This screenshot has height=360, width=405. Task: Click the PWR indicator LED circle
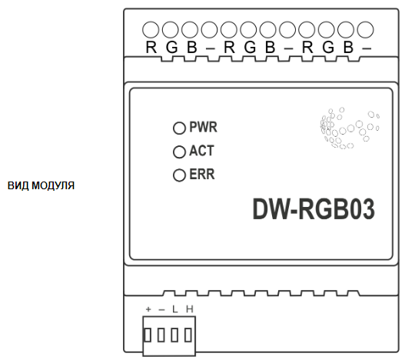click(x=179, y=128)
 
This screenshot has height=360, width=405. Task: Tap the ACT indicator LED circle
click(x=179, y=152)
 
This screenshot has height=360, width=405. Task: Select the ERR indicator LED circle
click(x=179, y=175)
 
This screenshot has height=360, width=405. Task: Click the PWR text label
click(x=204, y=127)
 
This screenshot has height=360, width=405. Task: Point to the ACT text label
click(x=201, y=151)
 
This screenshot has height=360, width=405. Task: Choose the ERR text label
click(x=202, y=175)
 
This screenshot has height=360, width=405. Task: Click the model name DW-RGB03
click(x=314, y=209)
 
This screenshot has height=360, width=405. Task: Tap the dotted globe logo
click(x=350, y=128)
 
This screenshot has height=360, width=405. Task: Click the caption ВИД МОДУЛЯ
click(x=41, y=185)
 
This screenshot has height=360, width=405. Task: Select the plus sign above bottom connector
click(x=148, y=309)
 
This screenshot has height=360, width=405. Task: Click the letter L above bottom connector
click(x=175, y=309)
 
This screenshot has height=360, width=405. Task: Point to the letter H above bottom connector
click(x=190, y=309)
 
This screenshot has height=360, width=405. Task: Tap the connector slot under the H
click(x=188, y=335)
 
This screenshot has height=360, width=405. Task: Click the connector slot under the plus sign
click(x=148, y=335)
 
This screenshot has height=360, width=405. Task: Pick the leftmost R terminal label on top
click(x=151, y=48)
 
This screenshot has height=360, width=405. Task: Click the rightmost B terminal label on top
click(x=348, y=48)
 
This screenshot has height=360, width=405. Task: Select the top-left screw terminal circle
click(x=151, y=30)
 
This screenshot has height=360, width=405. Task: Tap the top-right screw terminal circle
click(x=366, y=30)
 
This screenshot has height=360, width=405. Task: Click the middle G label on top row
click(x=250, y=48)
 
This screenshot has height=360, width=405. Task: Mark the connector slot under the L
click(x=174, y=335)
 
